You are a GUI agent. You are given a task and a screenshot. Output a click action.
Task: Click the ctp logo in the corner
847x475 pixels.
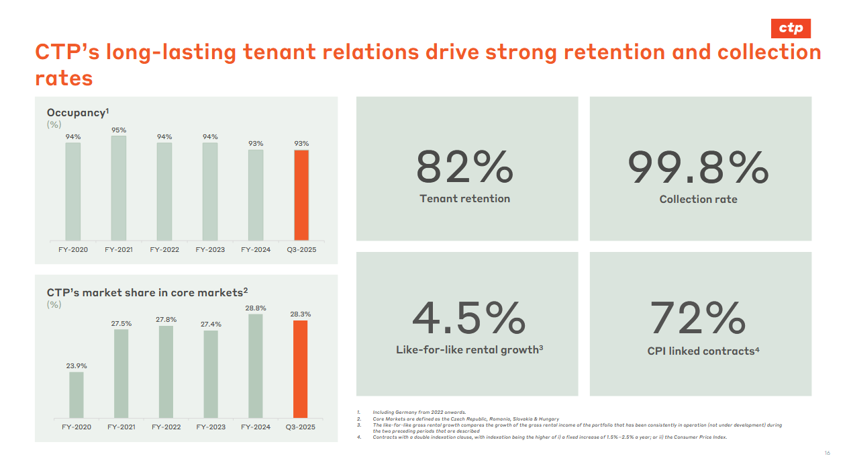pos(791,28)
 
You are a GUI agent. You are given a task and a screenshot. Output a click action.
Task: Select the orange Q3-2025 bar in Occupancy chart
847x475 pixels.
pos(301,195)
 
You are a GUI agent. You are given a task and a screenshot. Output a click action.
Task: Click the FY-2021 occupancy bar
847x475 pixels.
pos(119,188)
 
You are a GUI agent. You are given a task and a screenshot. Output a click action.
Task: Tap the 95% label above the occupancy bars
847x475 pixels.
pos(119,130)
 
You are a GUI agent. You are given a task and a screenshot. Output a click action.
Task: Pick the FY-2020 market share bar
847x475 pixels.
pos(77,395)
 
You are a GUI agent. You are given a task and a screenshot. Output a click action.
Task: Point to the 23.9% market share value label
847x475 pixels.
pos(77,366)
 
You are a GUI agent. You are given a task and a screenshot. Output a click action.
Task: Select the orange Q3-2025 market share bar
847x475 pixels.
pos(300,369)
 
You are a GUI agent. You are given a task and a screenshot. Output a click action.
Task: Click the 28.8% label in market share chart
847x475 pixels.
pos(256,308)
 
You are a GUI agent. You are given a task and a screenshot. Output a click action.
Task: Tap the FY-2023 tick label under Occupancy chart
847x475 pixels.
pos(210,250)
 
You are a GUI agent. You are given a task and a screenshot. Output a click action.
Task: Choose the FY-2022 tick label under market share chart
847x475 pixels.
pos(166,427)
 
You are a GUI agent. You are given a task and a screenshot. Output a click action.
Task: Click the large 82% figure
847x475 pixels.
pos(464,168)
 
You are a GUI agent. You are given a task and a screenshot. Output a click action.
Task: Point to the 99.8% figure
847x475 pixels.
pos(698,168)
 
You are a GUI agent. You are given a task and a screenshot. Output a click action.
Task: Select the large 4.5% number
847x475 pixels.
pos(468,318)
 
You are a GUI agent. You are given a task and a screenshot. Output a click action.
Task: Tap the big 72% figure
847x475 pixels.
pos(698,318)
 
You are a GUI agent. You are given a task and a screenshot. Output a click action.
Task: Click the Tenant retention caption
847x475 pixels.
pos(464,199)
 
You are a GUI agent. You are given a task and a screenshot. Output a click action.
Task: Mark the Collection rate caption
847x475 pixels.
pos(698,200)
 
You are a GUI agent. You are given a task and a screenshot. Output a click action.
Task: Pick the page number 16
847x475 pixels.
pos(827,454)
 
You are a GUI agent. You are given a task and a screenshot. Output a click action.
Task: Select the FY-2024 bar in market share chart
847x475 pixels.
pos(256,366)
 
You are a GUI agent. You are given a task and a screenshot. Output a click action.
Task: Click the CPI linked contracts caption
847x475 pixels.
pos(703,351)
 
